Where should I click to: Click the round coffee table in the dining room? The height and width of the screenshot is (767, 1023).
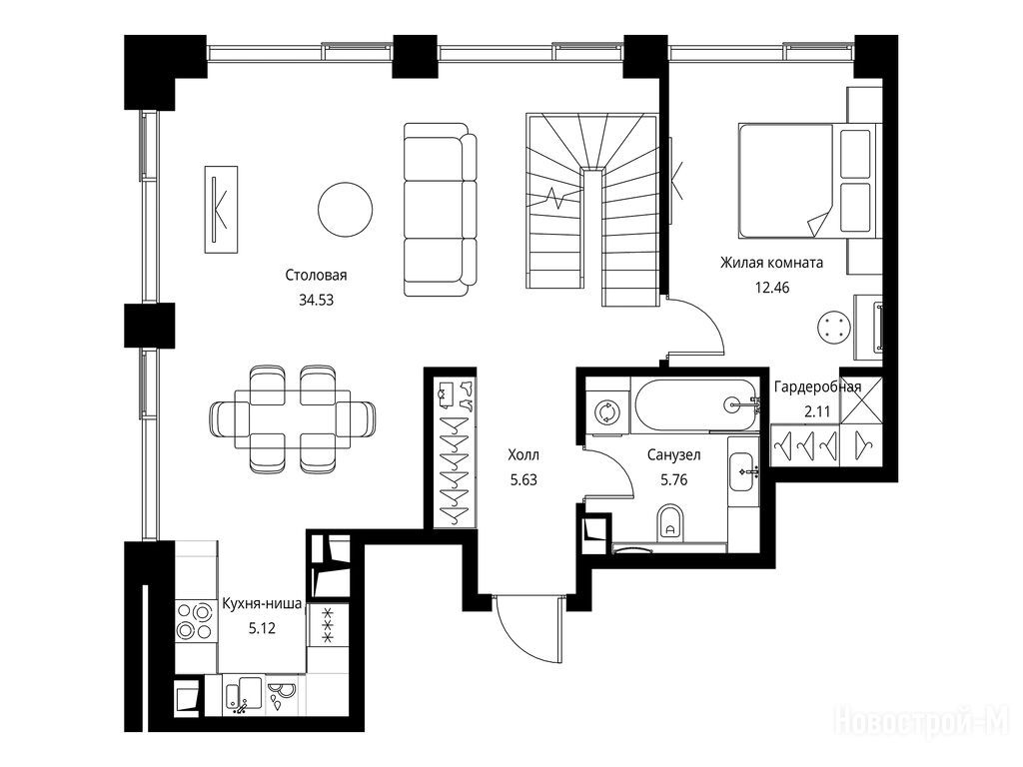(x=345, y=209)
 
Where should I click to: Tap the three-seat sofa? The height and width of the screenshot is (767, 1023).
(x=440, y=210)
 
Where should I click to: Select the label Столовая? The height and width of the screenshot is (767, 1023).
(x=316, y=276)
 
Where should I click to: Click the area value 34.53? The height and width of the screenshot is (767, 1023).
(x=316, y=301)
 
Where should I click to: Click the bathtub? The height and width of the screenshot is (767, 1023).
(x=696, y=404)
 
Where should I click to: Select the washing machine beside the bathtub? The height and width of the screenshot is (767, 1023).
(x=607, y=412)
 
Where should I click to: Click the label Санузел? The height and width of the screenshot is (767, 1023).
(x=673, y=454)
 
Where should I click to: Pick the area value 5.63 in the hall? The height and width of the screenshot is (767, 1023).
(x=523, y=480)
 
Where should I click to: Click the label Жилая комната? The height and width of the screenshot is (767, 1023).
(x=771, y=263)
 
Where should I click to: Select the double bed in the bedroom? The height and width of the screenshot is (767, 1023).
(x=805, y=181)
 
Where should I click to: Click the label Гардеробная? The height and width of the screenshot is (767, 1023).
(x=817, y=386)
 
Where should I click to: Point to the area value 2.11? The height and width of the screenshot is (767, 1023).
(x=817, y=411)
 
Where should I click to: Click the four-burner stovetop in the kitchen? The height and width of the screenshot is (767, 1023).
(x=196, y=620)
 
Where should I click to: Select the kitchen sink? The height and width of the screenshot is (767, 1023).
(x=244, y=693)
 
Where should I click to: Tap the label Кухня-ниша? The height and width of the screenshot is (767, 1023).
(x=263, y=604)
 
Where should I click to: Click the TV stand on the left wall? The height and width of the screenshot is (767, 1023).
(x=221, y=209)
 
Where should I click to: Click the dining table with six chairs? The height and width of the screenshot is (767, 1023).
(x=293, y=418)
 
